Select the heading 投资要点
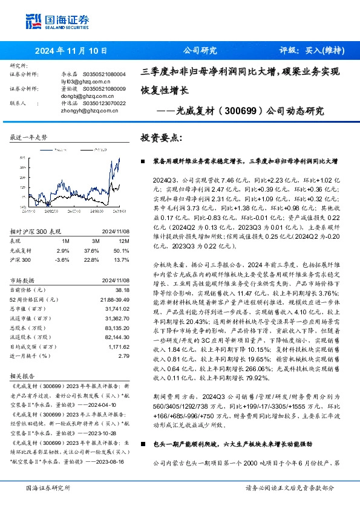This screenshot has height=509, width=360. point(160,138)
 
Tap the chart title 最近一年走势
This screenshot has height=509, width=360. point(29,138)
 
